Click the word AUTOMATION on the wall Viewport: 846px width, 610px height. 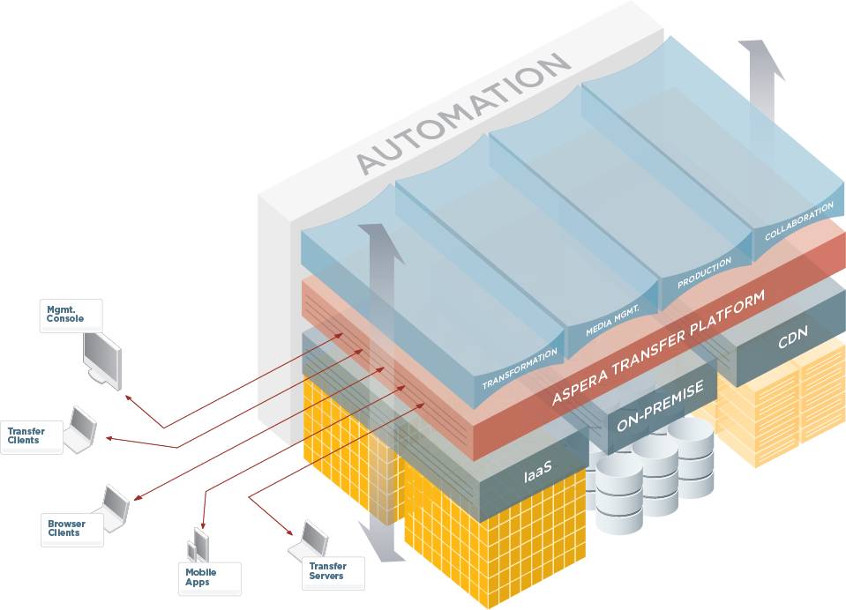coord(464,114)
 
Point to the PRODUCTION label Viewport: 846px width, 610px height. coord(705,273)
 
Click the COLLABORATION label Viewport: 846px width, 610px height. coord(798,222)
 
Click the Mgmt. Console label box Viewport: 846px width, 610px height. coord(71,315)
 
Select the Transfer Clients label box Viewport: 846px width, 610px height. coord(32,435)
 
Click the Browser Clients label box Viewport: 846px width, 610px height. coord(71,529)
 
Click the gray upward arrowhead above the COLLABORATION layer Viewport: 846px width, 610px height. coord(761,57)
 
